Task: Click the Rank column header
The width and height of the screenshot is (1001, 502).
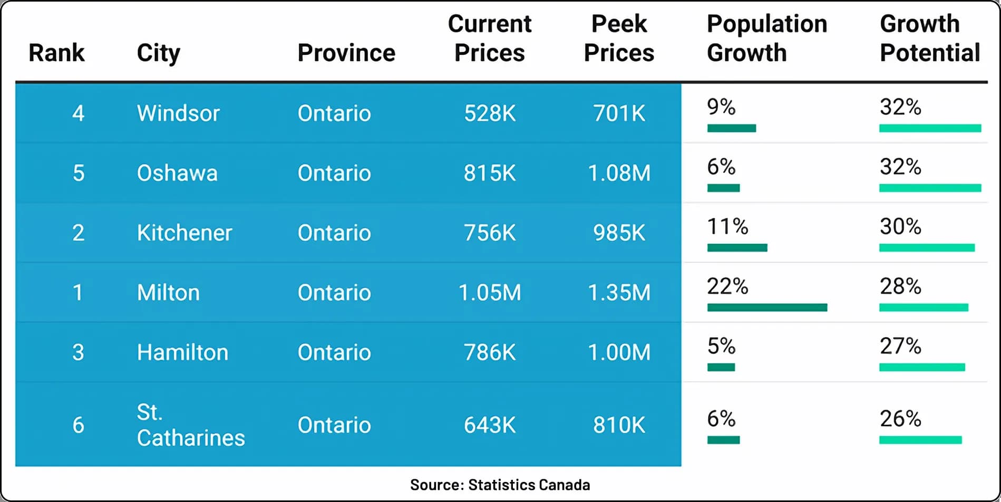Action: pyautogui.click(x=56, y=53)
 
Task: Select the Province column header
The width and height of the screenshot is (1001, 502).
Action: pyautogui.click(x=346, y=53)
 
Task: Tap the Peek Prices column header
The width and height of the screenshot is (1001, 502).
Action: pyautogui.click(x=619, y=38)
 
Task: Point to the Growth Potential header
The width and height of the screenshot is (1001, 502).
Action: pyautogui.click(x=930, y=38)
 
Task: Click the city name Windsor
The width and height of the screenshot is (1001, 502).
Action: pyautogui.click(x=178, y=113)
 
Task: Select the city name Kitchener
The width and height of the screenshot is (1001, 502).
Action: pyautogui.click(x=184, y=233)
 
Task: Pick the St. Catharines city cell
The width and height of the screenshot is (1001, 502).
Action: pyautogui.click(x=191, y=424)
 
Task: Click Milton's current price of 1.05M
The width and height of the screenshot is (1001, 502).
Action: pyautogui.click(x=490, y=292)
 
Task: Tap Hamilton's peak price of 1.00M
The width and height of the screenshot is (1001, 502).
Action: pyautogui.click(x=619, y=352)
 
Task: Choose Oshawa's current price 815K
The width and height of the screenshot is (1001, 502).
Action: pyautogui.click(x=490, y=173)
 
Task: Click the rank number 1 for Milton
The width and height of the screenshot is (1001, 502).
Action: pyautogui.click(x=78, y=292)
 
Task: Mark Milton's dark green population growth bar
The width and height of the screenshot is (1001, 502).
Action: pyautogui.click(x=767, y=307)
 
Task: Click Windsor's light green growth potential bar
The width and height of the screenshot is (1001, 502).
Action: pyautogui.click(x=930, y=128)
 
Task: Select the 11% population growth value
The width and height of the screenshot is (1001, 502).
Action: pyautogui.click(x=727, y=227)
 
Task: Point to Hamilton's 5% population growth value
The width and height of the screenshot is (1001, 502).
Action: pyautogui.click(x=721, y=346)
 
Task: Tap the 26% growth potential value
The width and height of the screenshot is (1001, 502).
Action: pyautogui.click(x=900, y=419)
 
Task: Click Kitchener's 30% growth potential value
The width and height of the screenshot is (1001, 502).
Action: pyautogui.click(x=900, y=227)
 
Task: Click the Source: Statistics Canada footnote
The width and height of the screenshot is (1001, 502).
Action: pyautogui.click(x=500, y=485)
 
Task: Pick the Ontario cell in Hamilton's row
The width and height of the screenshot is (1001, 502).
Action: pyautogui.click(x=334, y=352)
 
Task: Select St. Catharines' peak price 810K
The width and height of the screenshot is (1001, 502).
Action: pyautogui.click(x=619, y=424)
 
